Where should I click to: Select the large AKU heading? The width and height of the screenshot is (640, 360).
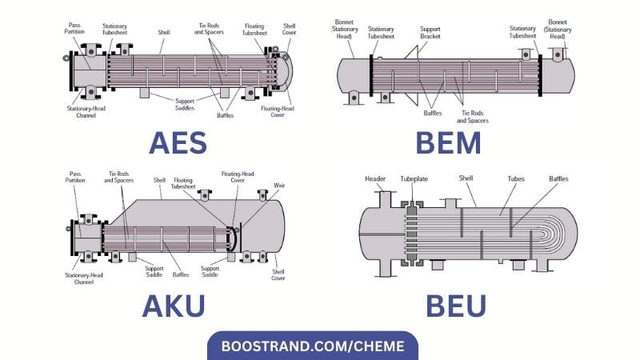pos(173,305)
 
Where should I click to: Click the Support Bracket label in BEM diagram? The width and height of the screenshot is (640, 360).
pos(430,34)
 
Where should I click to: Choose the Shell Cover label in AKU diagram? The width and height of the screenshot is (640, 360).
pos(278,274)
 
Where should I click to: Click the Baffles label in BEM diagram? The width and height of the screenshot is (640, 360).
pos(432,113)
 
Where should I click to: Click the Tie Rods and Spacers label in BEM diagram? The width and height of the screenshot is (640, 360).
pos(474,117)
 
